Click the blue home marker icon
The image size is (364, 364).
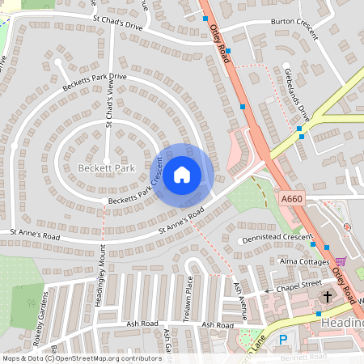coord(182,174)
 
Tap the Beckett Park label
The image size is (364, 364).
coord(106,167)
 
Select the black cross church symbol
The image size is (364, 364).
coord(328,296)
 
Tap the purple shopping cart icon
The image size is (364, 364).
coord(341,261)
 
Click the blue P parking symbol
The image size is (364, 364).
coord(283,340)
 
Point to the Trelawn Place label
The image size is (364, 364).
coord(188,298)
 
